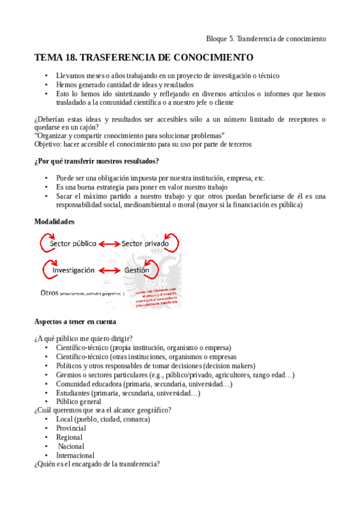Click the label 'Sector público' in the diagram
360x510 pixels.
click(75, 244)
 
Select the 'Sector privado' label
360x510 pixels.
click(149, 244)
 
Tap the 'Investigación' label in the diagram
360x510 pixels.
click(73, 271)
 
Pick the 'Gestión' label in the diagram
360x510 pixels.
click(136, 271)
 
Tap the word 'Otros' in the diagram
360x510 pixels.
click(49, 293)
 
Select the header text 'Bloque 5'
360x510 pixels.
click(220, 38)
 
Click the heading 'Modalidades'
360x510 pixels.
click(54, 222)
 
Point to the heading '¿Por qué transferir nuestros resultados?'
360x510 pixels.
click(96, 161)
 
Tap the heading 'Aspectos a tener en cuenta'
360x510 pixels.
click(75, 322)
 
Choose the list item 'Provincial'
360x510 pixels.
click(71, 428)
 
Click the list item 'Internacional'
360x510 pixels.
click(75, 455)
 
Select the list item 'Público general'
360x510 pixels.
click(79, 402)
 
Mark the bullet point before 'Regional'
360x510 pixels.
click(46, 437)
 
